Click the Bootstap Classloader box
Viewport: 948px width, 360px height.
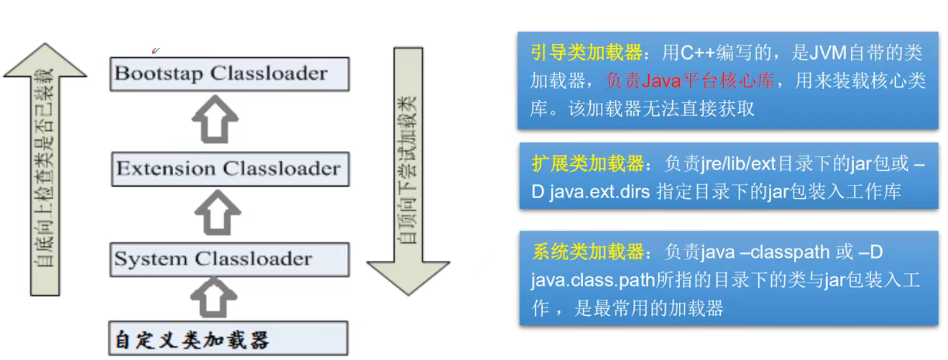[229, 73]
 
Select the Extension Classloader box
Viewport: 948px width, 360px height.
[229, 169]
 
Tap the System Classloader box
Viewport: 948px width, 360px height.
[229, 259]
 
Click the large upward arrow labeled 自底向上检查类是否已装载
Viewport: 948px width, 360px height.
[45, 169]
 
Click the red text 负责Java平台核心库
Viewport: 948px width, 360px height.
[690, 80]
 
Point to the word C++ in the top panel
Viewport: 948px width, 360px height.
[699, 52]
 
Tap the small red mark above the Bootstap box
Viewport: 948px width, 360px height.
[155, 50]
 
